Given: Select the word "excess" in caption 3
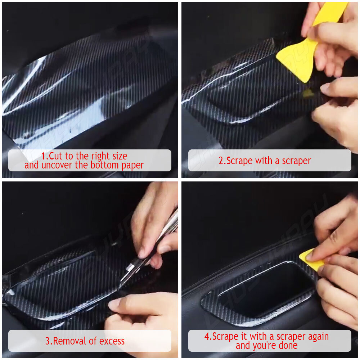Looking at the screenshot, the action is [x=112, y=341].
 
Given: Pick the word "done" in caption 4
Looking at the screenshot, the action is [x=288, y=345].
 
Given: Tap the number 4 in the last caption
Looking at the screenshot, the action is [x=207, y=337].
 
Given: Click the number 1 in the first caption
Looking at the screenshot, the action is [x=44, y=156].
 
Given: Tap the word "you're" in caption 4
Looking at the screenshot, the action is [x=264, y=346].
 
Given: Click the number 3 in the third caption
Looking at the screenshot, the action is [x=48, y=341].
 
